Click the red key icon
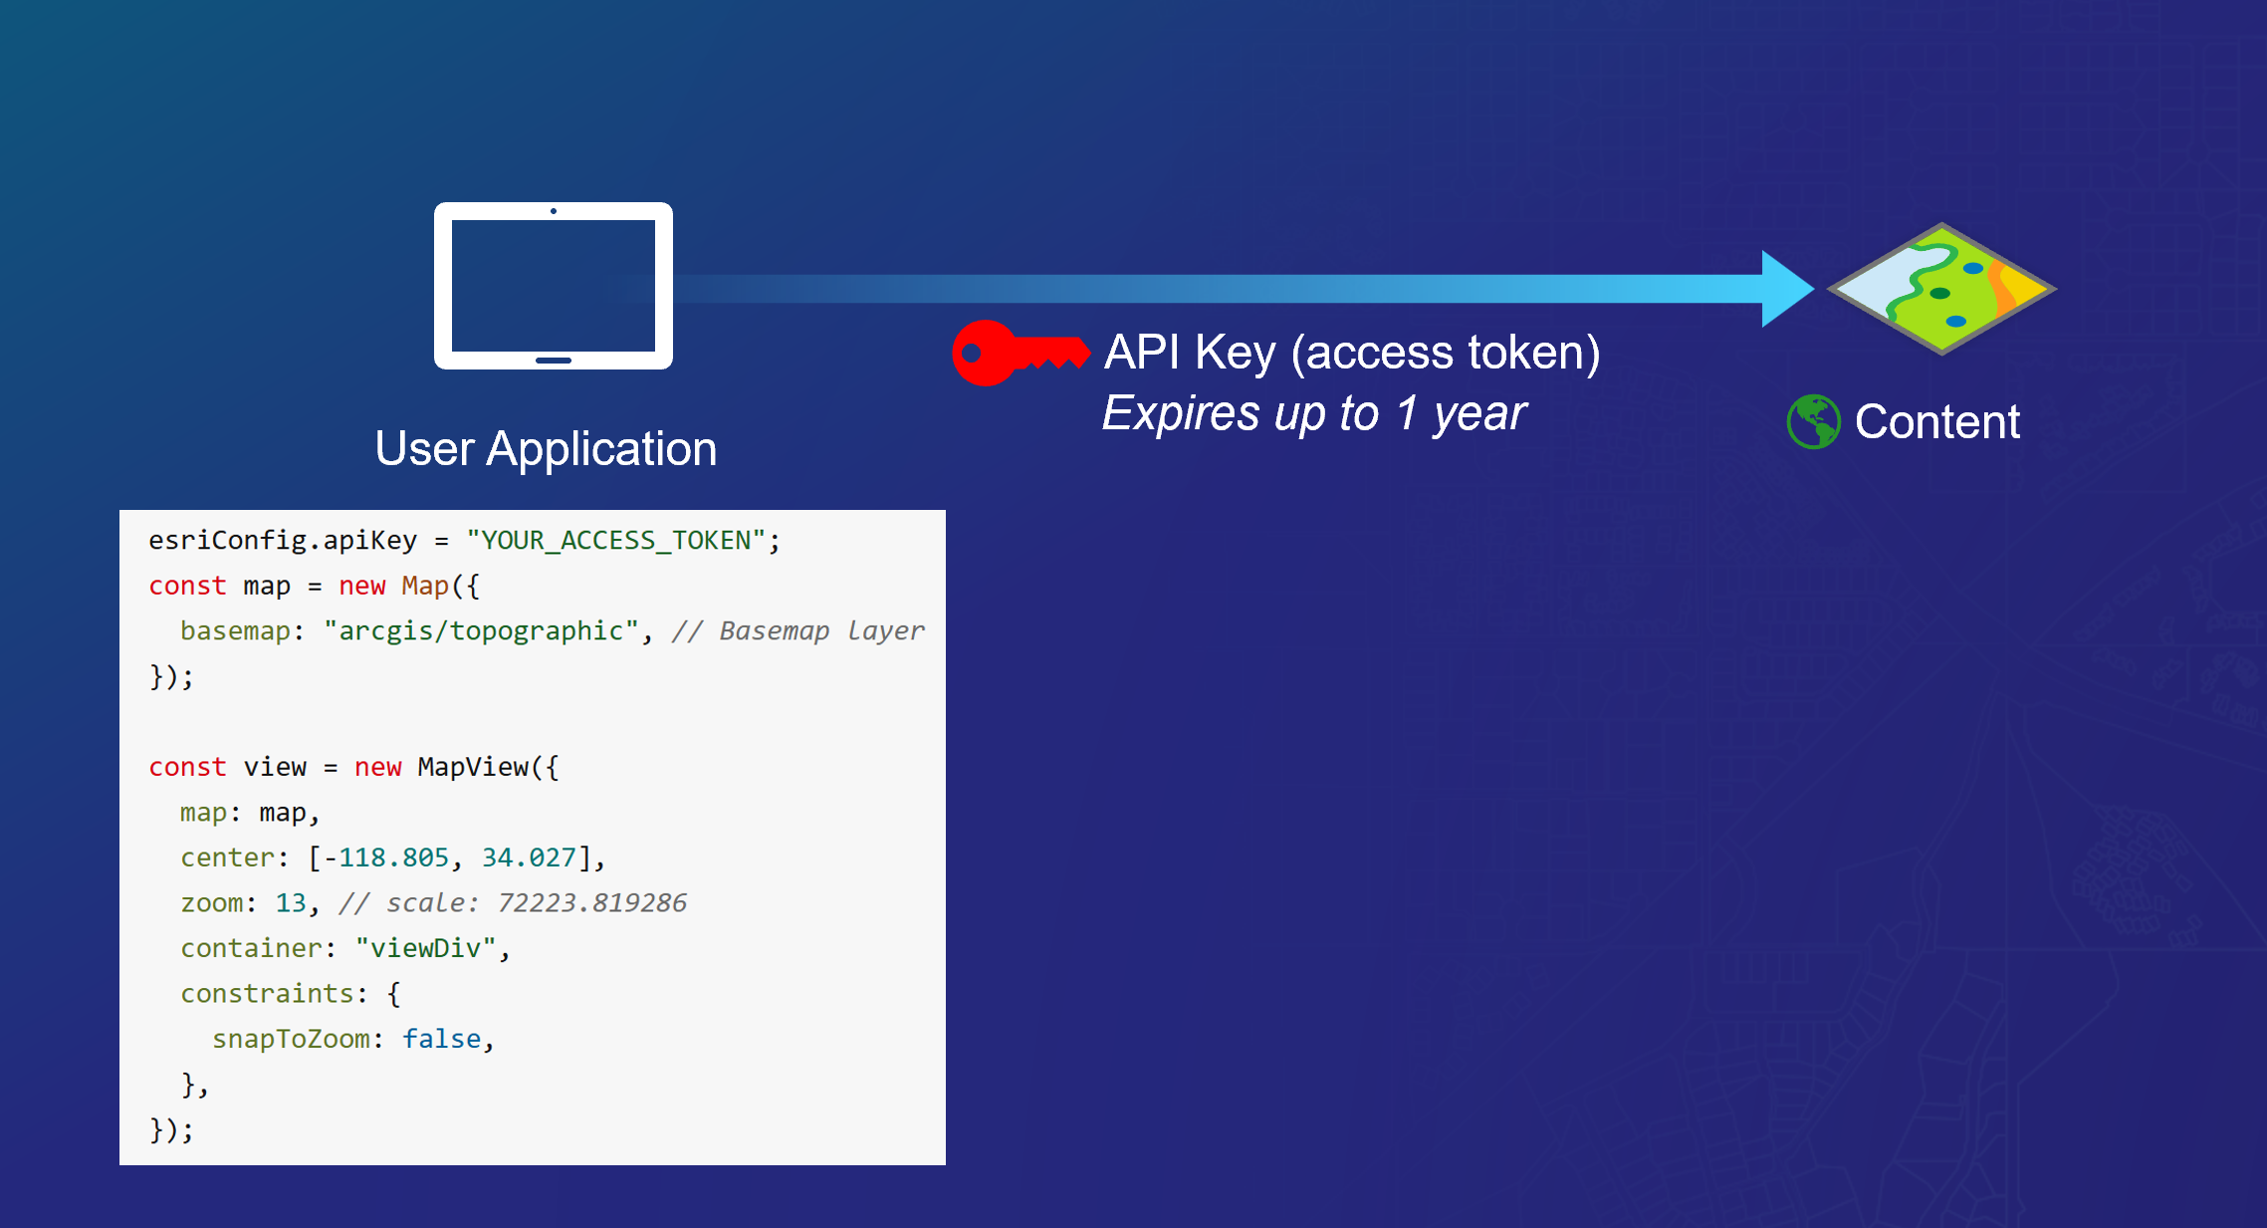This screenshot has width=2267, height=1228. coord(1019,353)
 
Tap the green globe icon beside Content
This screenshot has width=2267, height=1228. coord(1813,421)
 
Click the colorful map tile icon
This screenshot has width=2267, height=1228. coord(1941,289)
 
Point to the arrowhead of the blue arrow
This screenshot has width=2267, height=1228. coord(1787,289)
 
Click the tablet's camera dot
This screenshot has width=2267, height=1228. coord(554,211)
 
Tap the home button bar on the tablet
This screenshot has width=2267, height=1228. coord(554,361)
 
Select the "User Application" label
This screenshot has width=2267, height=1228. coord(546,448)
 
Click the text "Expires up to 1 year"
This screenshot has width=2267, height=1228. coord(1313,413)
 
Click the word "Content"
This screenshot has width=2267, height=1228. coord(1936,421)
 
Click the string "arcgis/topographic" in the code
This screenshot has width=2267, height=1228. coord(481,630)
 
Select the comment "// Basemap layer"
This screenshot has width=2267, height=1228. coord(797,630)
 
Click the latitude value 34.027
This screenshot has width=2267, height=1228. coord(529,858)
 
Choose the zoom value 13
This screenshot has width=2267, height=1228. coord(291,902)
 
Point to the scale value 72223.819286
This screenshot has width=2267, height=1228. coord(591,902)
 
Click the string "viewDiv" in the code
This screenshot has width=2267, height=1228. coord(425,948)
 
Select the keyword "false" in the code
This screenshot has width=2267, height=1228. coord(441,1039)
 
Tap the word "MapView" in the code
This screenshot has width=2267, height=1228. coord(473,767)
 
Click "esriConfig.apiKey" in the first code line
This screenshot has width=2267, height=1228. coord(283,540)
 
